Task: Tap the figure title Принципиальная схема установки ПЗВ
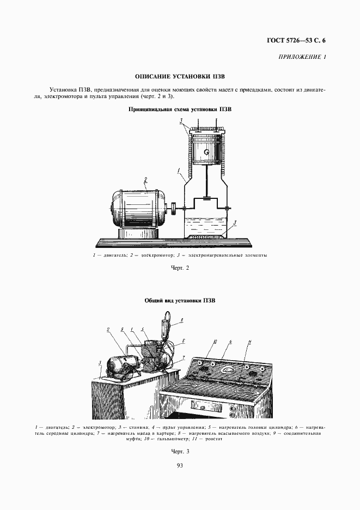180,109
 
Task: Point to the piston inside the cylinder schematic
206,150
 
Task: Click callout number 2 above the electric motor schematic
145,179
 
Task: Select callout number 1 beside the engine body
179,171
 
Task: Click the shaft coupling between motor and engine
173,208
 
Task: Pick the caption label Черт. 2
180,268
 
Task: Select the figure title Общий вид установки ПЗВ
180,300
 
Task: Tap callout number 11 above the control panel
249,342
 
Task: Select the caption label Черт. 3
180,452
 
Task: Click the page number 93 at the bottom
180,465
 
